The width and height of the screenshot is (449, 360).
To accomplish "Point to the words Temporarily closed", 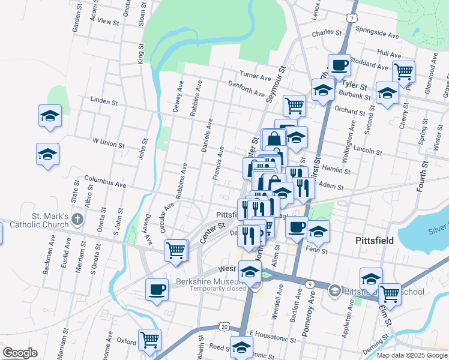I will coord(218,289).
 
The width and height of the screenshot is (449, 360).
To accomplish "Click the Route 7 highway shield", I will coord(350,18).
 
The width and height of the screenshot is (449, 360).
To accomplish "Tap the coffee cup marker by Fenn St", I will coord(296,227).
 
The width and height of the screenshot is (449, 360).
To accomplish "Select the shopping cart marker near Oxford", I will coord(149,340).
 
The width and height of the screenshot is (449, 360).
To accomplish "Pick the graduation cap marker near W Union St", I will coord(47,154).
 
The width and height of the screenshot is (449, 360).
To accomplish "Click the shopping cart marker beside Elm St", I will coord(390,293).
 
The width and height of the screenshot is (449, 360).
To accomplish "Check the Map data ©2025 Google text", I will coord(411,355).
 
